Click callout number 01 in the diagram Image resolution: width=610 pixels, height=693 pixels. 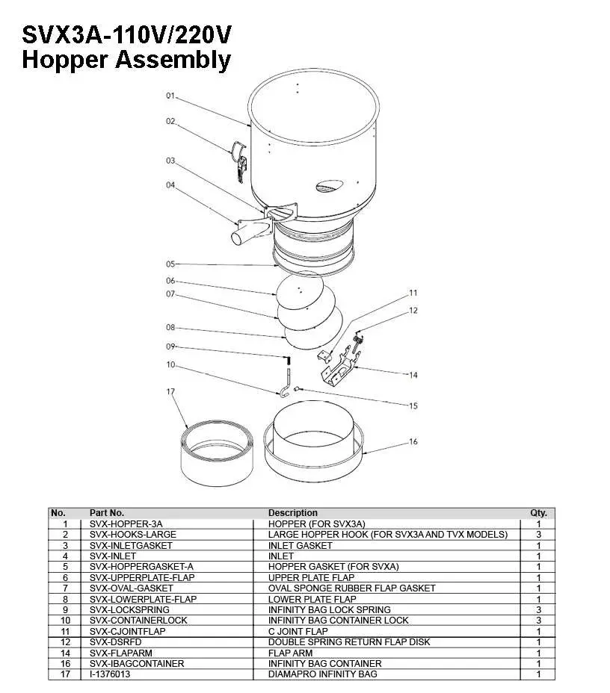point(170,96)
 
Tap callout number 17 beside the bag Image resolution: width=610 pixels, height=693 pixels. point(170,391)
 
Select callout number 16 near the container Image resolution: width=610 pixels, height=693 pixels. point(413,442)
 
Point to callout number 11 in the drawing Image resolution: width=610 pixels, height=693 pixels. point(413,293)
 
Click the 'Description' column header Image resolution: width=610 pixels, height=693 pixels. point(292,513)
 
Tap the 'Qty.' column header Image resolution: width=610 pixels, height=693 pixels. point(538,513)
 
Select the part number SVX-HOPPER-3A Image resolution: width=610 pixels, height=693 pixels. point(126,524)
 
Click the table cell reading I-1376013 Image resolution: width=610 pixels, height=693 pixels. point(110,674)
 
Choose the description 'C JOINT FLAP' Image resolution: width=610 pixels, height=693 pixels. point(298,631)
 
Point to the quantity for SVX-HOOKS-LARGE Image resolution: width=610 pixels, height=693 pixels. point(538,535)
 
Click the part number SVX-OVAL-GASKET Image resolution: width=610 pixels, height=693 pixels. point(131,588)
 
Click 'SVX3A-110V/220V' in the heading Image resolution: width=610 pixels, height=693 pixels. point(127,34)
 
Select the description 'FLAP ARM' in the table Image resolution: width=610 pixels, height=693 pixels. point(290,653)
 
